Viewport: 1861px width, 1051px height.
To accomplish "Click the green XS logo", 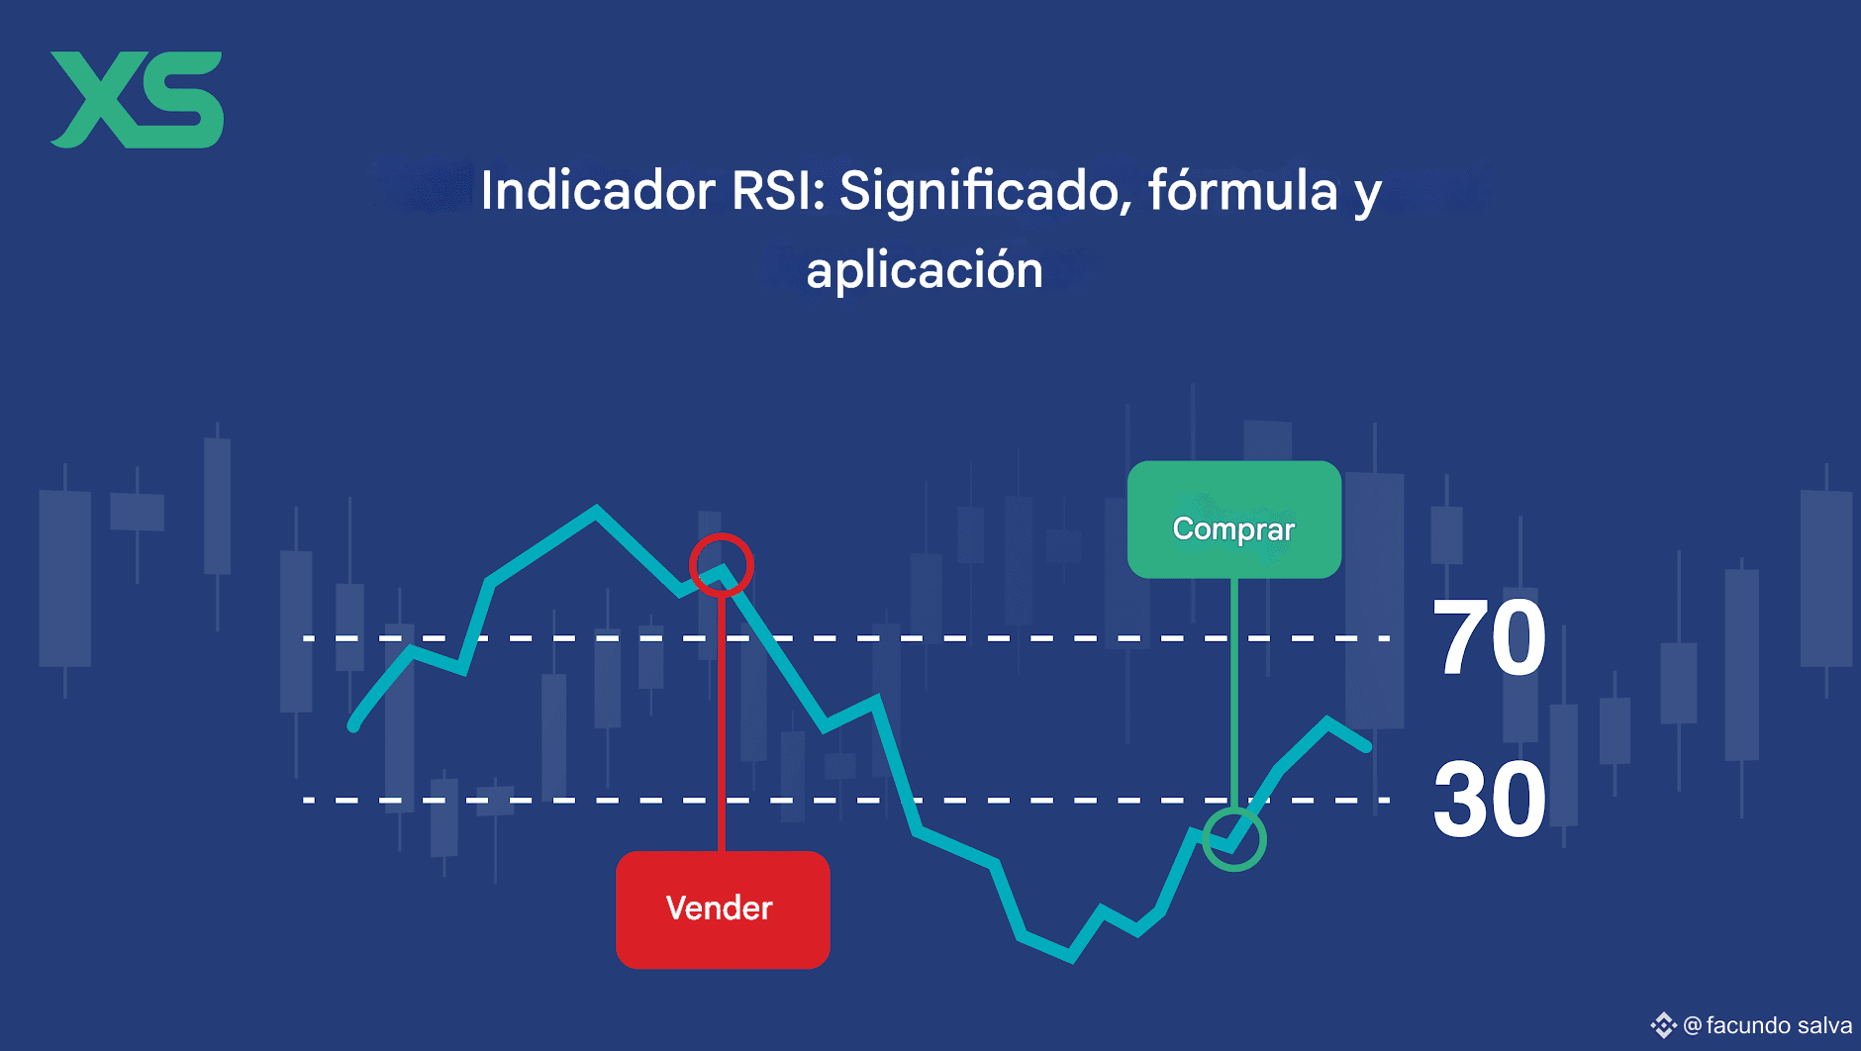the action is click(137, 100).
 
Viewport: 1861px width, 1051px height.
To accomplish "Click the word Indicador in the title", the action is click(598, 190).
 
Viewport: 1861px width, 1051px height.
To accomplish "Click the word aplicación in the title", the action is click(925, 271).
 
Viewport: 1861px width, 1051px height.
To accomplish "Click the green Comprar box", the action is click(1234, 520).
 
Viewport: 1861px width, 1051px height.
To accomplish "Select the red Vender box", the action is click(723, 909).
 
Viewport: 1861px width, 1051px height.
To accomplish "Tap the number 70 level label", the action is click(1489, 638).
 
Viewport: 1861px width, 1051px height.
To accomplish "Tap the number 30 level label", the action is click(1489, 800).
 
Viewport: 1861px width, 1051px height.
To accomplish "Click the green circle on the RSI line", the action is click(1234, 870).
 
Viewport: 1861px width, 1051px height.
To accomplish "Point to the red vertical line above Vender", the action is click(722, 723).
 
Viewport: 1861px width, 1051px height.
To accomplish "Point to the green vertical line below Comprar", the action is click(1234, 693).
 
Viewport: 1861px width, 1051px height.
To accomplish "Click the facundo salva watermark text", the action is click(1779, 1025).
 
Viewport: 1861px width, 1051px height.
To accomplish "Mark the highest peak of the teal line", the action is click(596, 511).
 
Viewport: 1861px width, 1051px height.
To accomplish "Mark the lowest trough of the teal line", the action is click(1070, 957).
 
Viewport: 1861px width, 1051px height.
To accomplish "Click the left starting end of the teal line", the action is click(353, 725).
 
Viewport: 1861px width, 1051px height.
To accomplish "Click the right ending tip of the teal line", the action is click(1367, 746).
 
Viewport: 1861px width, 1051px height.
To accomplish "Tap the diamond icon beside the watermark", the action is click(1664, 1025).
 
